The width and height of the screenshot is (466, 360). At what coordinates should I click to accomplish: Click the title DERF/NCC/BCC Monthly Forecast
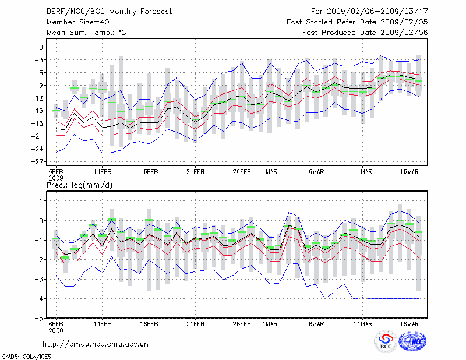pyautogui.click(x=109, y=12)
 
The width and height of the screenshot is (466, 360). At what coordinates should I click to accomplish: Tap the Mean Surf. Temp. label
pyautogui.click(x=86, y=33)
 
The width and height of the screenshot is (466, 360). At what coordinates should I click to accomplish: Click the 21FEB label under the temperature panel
pyautogui.click(x=195, y=172)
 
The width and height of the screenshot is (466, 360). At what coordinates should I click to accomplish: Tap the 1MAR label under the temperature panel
pyautogui.click(x=270, y=172)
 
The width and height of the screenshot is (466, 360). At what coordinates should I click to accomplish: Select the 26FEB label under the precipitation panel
pyautogui.click(x=242, y=324)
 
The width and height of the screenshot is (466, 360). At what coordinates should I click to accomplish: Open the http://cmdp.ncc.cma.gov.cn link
pyautogui.click(x=96, y=344)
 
